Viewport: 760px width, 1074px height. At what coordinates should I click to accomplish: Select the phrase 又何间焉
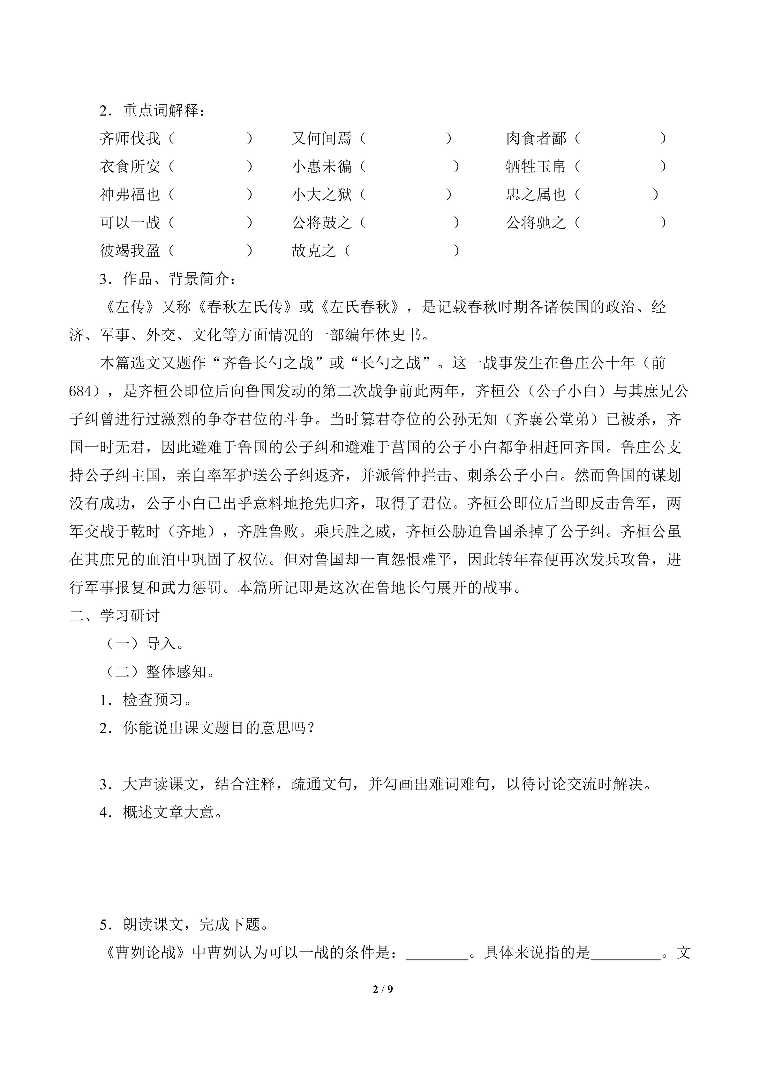(x=321, y=138)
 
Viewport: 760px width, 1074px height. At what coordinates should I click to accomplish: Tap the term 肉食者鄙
(x=536, y=138)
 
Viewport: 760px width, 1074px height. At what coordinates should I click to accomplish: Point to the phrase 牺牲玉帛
(x=536, y=167)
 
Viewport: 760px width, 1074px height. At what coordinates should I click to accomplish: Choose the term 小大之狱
(x=321, y=195)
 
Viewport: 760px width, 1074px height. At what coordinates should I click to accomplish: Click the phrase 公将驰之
(x=536, y=223)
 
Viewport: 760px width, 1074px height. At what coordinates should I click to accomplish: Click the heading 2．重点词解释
(x=152, y=111)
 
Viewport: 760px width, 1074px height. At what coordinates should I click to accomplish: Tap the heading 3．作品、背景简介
(x=168, y=279)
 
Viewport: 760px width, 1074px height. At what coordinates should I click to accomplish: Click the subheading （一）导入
(x=143, y=644)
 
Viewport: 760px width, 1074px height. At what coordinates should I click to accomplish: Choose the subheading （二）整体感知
(x=158, y=672)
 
